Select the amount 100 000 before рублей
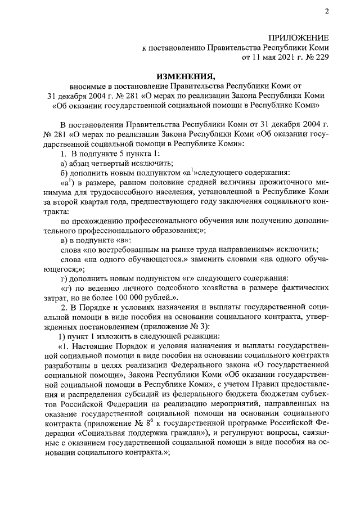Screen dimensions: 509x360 point(130,297)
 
